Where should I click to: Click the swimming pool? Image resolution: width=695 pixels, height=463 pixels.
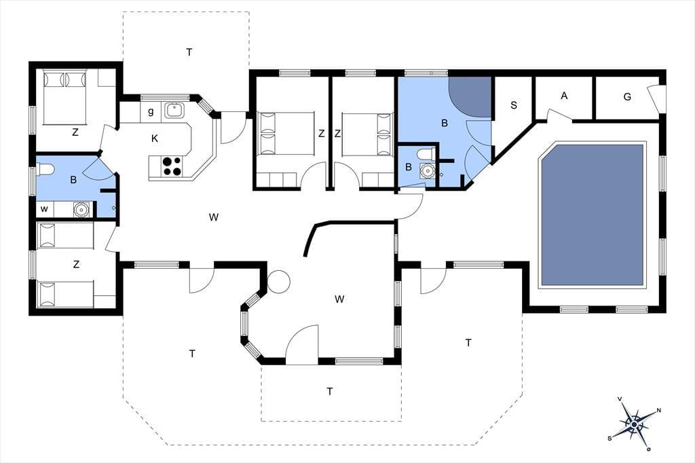pos(592,215)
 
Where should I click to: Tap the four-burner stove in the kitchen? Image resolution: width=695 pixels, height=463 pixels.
pos(172,166)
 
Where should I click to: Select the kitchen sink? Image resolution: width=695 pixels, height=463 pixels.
pos(174,110)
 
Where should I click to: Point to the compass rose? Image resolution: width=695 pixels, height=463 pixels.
pos(635,424)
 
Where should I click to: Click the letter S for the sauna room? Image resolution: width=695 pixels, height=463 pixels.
pos(514,105)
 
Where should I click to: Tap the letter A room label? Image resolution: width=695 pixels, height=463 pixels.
pos(564,95)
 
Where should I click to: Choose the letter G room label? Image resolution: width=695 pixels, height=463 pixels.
pos(627,96)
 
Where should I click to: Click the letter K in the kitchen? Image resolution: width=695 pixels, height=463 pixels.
pos(154,138)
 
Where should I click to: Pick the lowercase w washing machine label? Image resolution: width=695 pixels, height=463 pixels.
pos(44,209)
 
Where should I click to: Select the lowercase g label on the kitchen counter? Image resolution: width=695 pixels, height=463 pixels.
pos(151,112)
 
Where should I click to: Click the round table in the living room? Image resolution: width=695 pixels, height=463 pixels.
pos(278,281)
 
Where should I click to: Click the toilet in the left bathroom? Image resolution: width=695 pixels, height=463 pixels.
pos(45,170)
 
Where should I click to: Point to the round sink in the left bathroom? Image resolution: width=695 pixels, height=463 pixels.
pos(81,209)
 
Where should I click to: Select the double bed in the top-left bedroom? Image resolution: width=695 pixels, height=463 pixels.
pos(65,97)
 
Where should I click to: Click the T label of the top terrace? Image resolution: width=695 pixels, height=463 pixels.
pos(189,52)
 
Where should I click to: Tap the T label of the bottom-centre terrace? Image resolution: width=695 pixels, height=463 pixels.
pos(329,392)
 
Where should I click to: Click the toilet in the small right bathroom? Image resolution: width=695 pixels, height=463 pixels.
pos(426,154)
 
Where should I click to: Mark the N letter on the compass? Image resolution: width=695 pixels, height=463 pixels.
pos(658,410)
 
